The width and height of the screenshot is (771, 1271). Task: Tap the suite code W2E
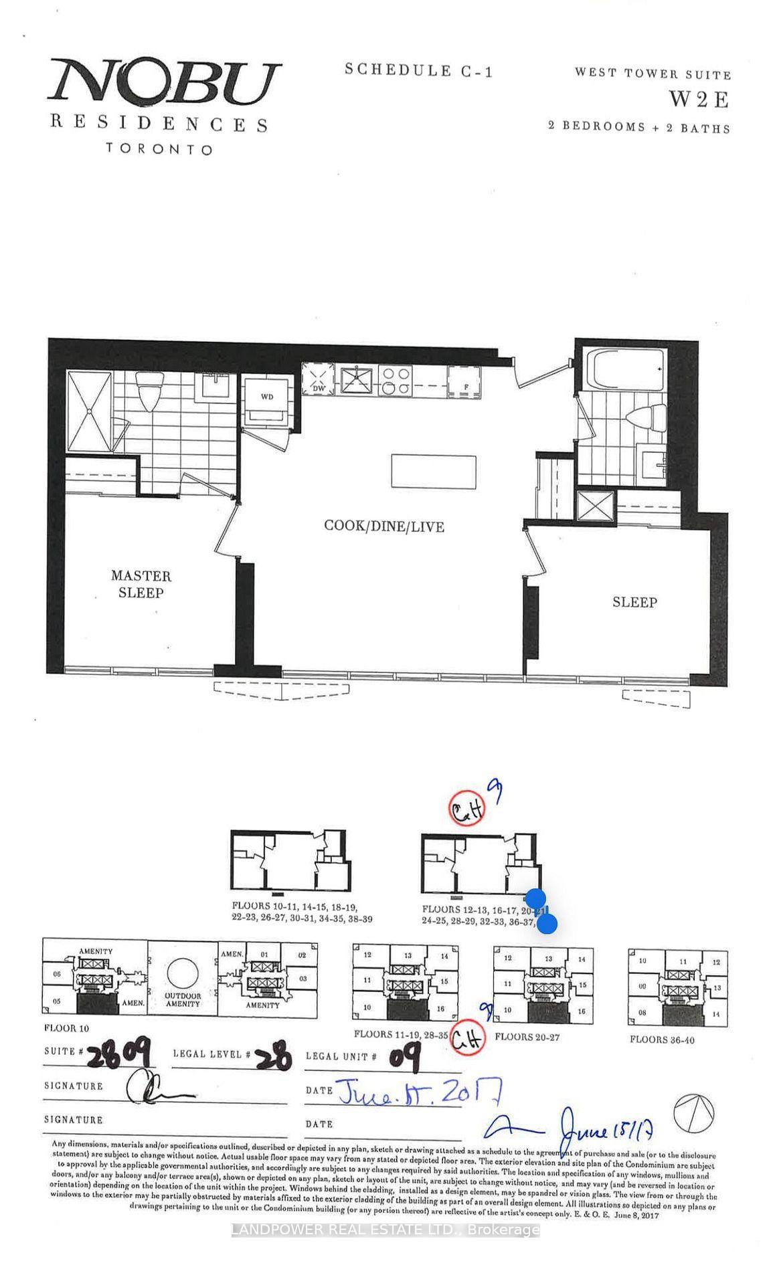(699, 100)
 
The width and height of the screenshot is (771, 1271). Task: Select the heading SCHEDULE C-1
(419, 70)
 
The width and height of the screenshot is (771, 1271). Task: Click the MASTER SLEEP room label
(141, 583)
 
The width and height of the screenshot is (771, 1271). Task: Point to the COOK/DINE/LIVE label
(383, 526)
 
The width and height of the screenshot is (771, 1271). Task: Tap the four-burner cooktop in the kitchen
(395, 379)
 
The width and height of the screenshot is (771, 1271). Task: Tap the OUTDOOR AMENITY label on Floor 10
(182, 999)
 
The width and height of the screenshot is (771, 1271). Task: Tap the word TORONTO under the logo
(159, 149)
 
